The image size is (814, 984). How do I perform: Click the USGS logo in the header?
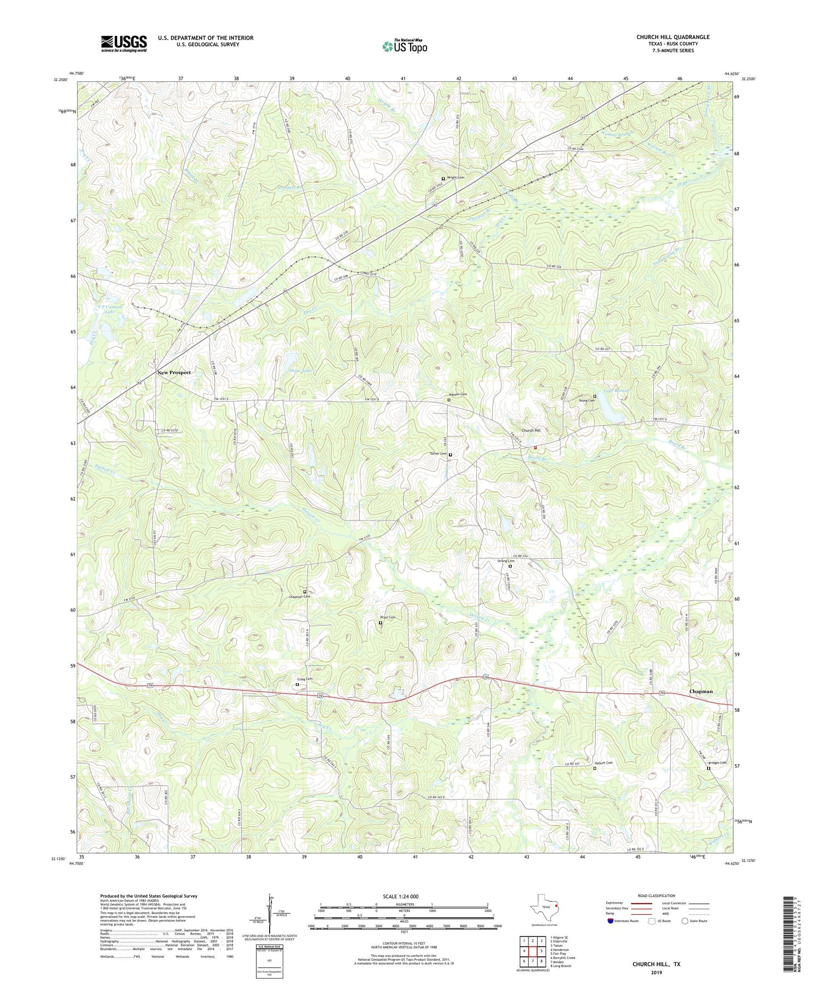coord(124,43)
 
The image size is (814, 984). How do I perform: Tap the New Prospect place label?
coord(174,373)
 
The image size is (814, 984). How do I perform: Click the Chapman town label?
coord(701,691)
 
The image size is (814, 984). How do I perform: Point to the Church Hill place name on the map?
coord(531,430)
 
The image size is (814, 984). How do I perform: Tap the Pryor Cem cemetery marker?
coord(380,623)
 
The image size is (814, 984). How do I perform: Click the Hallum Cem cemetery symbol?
coord(595,768)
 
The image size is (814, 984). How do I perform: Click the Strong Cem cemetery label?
coord(506,561)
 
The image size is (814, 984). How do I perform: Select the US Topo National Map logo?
coord(404,46)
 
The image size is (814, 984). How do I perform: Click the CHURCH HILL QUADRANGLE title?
coord(673,37)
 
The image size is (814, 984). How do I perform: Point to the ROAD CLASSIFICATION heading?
coord(657,896)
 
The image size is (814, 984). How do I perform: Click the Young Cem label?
coord(587,401)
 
